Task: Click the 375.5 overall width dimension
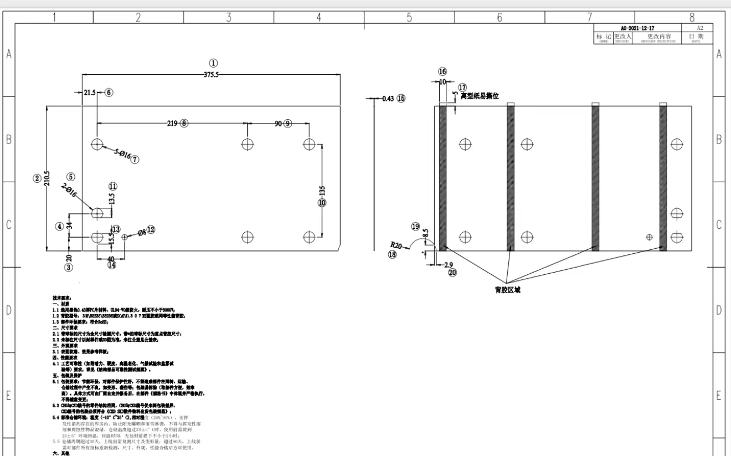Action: tap(210, 75)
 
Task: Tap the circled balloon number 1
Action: tap(213, 64)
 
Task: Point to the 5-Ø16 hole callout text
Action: tap(122, 155)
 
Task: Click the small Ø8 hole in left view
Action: tap(124, 237)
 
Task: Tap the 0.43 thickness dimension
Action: tap(388, 99)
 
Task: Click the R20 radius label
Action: tap(396, 244)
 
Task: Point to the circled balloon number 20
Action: tap(452, 273)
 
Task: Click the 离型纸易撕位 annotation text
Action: tap(480, 96)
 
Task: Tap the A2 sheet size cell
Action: tap(700, 28)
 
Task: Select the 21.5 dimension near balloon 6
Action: tap(90, 93)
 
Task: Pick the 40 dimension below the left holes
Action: tap(111, 259)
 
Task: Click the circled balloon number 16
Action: tap(442, 71)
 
